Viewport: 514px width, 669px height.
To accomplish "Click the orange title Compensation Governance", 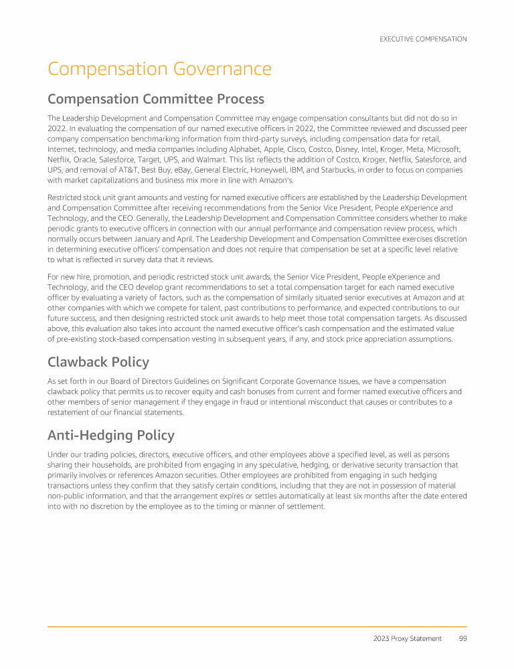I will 159,70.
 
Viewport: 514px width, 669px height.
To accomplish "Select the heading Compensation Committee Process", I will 156,100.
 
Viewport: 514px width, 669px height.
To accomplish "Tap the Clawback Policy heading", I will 98,362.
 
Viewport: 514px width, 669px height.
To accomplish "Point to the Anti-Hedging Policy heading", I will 111,436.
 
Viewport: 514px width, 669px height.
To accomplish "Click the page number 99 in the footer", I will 462,638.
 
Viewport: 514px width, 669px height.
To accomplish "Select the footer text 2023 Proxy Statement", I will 407,638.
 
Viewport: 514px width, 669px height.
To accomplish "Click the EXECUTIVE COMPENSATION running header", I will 423,39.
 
